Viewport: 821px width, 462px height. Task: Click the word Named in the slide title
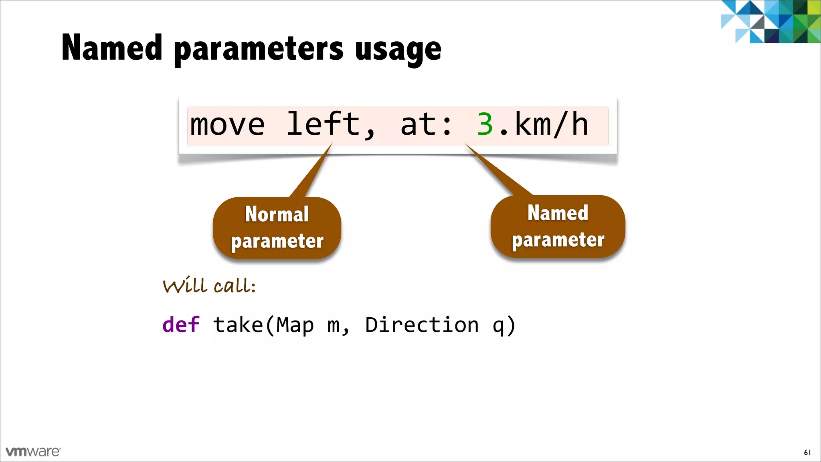click(112, 48)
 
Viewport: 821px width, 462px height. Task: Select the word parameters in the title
click(259, 50)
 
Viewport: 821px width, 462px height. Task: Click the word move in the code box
click(227, 124)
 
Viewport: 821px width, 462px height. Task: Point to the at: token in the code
click(426, 124)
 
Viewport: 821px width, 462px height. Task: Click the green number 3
click(485, 124)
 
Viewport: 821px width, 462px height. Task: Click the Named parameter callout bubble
click(558, 226)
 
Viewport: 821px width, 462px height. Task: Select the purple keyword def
click(181, 324)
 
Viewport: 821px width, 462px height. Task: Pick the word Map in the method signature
click(295, 324)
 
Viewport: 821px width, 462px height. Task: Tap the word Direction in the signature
click(422, 324)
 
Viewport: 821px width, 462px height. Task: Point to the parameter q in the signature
click(498, 326)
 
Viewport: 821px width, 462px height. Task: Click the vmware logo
click(33, 452)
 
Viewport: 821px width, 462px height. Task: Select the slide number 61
click(807, 452)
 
